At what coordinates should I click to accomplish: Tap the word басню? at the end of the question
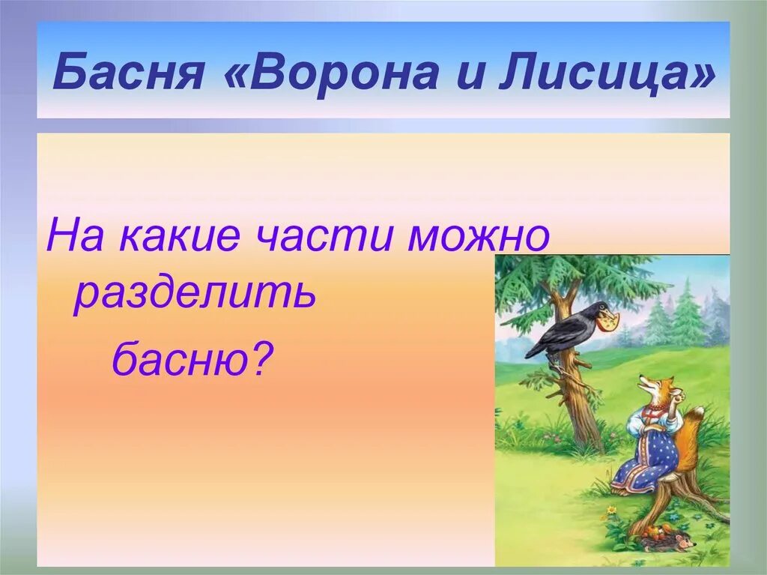(192, 358)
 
